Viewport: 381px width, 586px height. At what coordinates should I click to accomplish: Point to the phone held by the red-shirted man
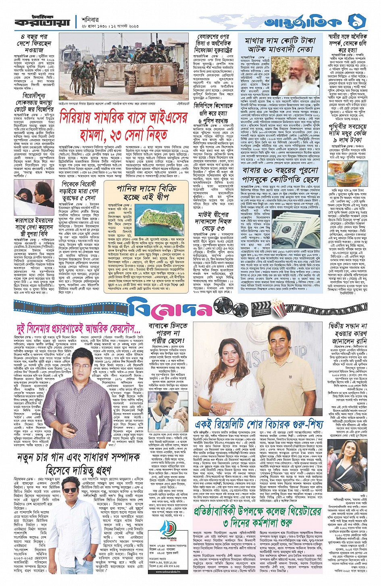coord(73,427)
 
